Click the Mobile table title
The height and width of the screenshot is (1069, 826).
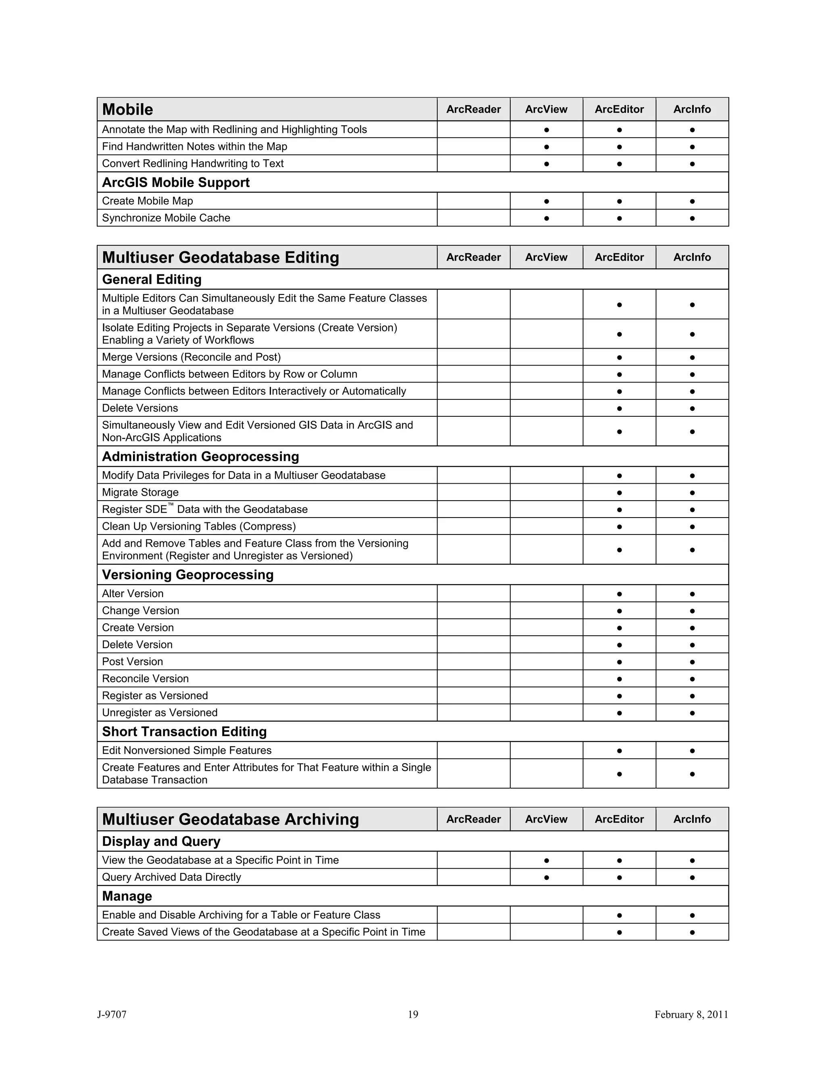click(x=128, y=109)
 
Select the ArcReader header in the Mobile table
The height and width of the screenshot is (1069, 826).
click(x=473, y=109)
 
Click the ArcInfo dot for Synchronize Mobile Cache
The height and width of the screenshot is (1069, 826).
click(x=692, y=218)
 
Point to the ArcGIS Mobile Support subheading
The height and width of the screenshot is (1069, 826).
click(x=176, y=183)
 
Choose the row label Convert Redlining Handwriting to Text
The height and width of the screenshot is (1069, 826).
click(x=193, y=163)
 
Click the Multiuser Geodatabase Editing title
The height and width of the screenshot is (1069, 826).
click(x=221, y=257)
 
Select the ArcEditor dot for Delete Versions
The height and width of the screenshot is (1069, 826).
click(x=619, y=408)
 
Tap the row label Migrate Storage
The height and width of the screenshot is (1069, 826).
click(x=140, y=493)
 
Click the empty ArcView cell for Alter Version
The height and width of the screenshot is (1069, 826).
click(x=546, y=594)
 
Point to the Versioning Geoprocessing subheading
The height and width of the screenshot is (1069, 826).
click(x=188, y=574)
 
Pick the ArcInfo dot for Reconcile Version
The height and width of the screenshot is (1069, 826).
click(x=692, y=679)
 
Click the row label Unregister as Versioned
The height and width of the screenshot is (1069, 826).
click(x=160, y=713)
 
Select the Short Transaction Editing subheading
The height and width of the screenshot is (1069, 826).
click(x=184, y=732)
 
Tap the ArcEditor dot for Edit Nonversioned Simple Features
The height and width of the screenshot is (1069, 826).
click(x=619, y=751)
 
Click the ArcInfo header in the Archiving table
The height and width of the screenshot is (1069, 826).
click(x=692, y=819)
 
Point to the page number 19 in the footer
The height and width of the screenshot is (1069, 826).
click(x=413, y=1015)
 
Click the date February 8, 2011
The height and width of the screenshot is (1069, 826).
click(x=691, y=1015)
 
